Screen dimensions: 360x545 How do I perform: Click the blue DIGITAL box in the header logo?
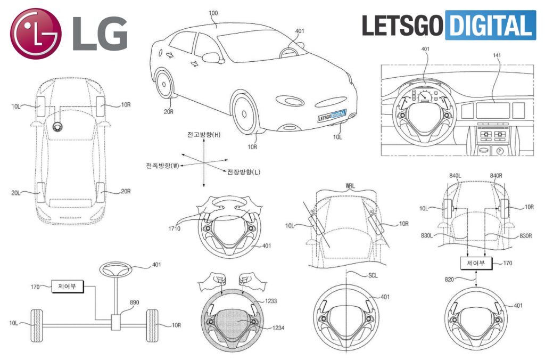click(x=490, y=24)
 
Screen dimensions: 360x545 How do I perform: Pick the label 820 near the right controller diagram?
click(x=448, y=278)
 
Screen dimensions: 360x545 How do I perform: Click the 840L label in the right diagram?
click(x=456, y=176)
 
